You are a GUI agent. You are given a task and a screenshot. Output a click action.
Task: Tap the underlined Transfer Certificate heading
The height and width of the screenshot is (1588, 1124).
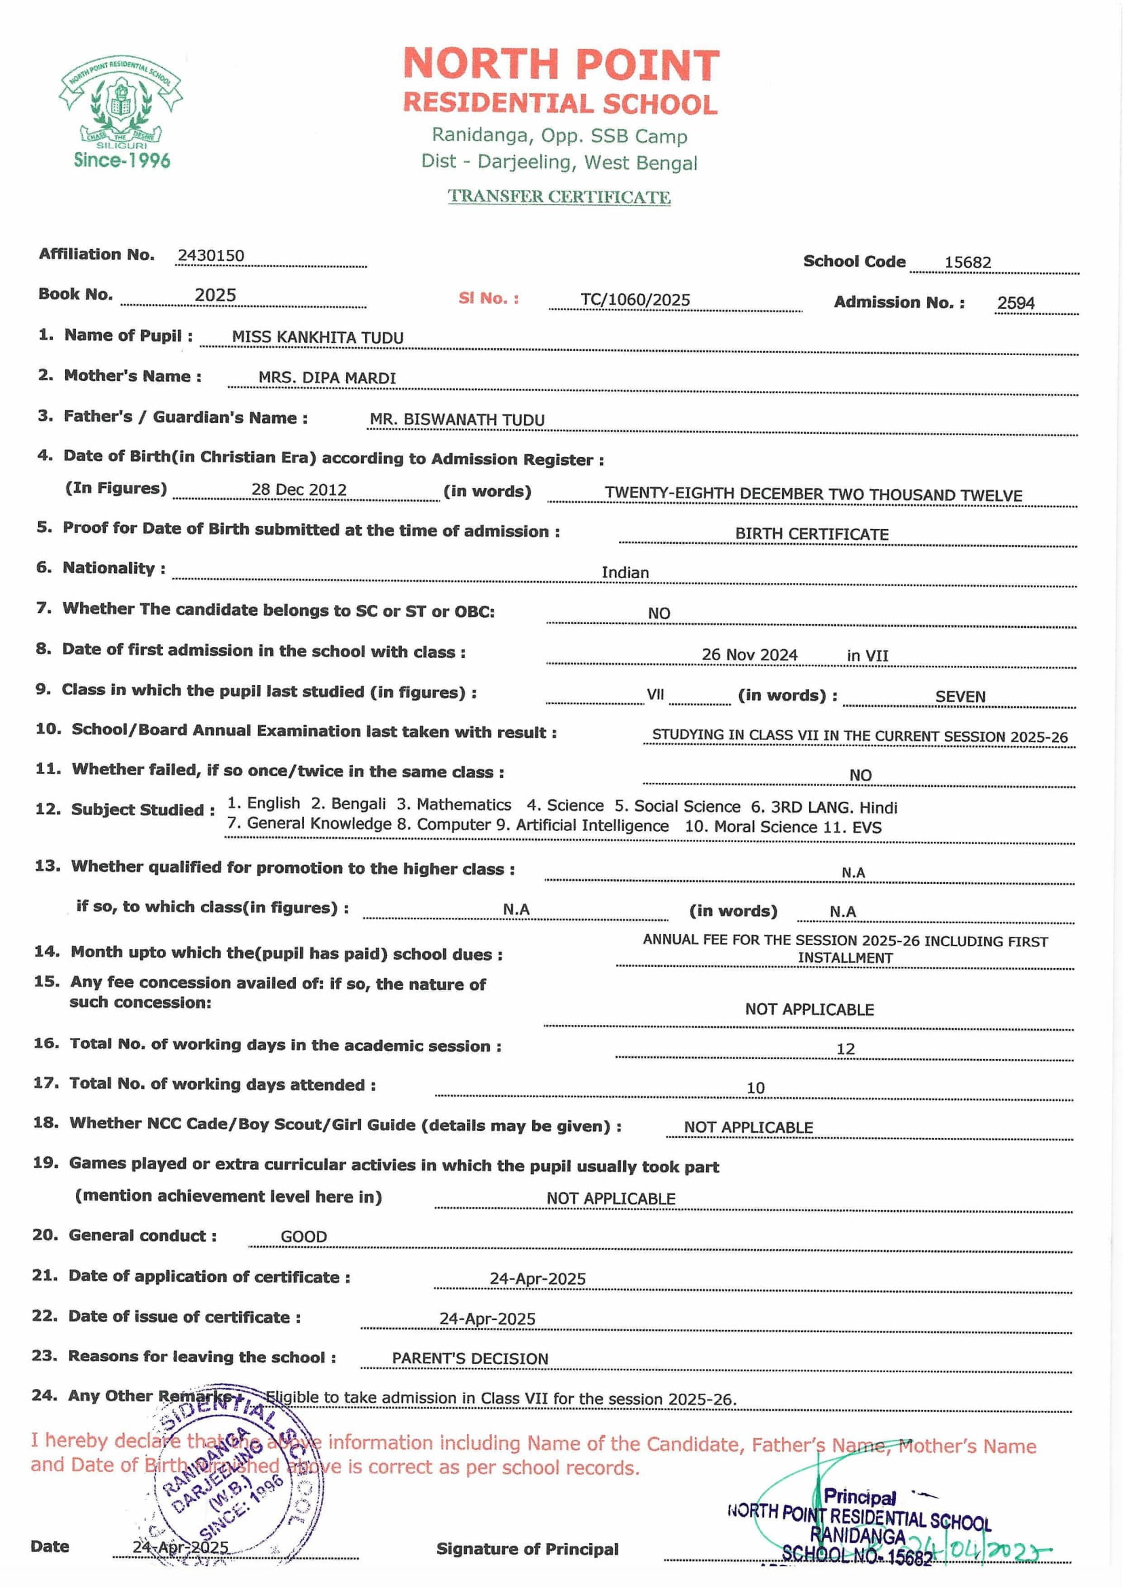pyautogui.click(x=559, y=197)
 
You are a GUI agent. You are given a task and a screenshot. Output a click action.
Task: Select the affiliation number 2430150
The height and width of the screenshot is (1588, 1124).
pyautogui.click(x=210, y=255)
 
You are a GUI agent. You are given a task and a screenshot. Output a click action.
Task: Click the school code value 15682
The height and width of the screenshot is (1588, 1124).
pyautogui.click(x=968, y=262)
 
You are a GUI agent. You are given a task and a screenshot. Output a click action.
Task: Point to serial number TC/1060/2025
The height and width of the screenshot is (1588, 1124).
pyautogui.click(x=635, y=299)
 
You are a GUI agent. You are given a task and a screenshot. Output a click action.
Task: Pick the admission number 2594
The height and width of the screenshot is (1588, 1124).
pyautogui.click(x=1015, y=303)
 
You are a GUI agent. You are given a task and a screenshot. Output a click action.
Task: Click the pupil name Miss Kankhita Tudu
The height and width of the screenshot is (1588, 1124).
pyautogui.click(x=318, y=338)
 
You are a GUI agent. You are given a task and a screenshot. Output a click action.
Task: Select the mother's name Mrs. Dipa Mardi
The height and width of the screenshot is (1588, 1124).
pyautogui.click(x=326, y=378)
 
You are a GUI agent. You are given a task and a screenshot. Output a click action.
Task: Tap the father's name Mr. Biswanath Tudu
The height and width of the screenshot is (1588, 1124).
pyautogui.click(x=457, y=420)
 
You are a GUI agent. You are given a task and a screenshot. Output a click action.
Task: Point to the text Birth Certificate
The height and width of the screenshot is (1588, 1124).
pyautogui.click(x=811, y=534)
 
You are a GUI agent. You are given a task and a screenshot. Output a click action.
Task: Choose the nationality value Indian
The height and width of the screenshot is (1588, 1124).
pyautogui.click(x=625, y=572)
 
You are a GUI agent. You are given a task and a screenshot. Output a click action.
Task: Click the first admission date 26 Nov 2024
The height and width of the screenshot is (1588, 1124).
pyautogui.click(x=749, y=654)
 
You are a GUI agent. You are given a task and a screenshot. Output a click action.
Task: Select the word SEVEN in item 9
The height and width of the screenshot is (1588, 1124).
pyautogui.click(x=959, y=697)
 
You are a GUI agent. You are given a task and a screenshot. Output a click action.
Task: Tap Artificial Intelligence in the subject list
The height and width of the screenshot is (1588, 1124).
pyautogui.click(x=592, y=826)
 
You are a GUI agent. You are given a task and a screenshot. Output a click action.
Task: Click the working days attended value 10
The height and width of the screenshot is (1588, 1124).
pyautogui.click(x=755, y=1088)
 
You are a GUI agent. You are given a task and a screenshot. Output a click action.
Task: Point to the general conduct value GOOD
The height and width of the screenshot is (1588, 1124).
pyautogui.click(x=303, y=1236)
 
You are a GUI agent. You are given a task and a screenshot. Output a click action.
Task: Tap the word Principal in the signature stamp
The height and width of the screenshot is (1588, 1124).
pyautogui.click(x=859, y=1497)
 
